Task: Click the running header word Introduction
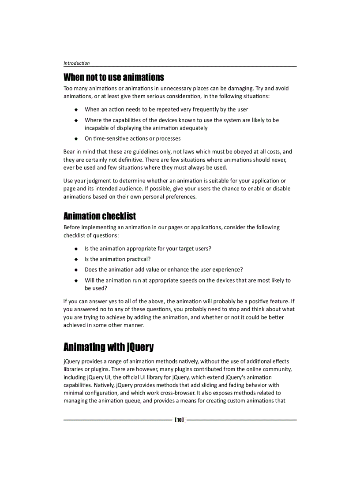[76, 63]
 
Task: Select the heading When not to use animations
[113, 78]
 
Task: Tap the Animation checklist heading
[99, 216]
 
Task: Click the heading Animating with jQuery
[109, 347]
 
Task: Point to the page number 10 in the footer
[179, 420]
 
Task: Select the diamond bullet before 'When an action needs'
[76, 110]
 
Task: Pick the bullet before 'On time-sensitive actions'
[76, 139]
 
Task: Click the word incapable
[98, 128]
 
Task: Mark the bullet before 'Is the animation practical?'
[76, 260]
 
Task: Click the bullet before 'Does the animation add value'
[76, 270]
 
